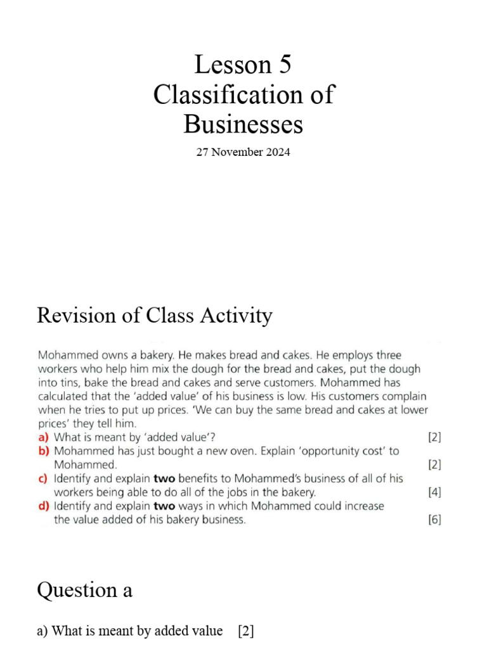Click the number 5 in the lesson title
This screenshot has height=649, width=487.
[x=283, y=65]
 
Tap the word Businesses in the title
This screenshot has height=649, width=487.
[x=243, y=124]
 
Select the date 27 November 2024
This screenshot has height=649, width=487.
[x=243, y=152]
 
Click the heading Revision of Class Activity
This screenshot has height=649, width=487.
[x=155, y=315]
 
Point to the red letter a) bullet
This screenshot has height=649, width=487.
[x=44, y=437]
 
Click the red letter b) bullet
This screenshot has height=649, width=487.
[x=44, y=451]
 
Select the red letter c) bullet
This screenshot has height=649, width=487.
[x=44, y=479]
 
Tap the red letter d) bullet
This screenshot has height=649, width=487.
[x=44, y=506]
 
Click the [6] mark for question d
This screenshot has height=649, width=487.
[x=434, y=520]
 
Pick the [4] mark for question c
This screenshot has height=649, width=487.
[x=434, y=492]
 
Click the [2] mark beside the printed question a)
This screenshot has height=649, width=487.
[x=434, y=437]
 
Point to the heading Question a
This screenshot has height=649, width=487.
[x=84, y=590]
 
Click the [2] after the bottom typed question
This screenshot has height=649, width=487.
[x=246, y=631]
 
